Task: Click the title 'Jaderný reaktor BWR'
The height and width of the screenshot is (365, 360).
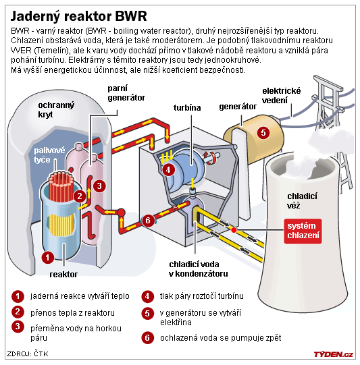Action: click(79, 16)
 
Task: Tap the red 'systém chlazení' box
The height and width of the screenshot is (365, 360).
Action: click(303, 231)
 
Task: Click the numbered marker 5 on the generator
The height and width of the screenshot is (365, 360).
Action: click(263, 133)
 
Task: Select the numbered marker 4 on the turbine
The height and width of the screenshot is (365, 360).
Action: click(168, 170)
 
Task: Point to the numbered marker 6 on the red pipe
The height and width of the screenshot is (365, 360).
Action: click(148, 220)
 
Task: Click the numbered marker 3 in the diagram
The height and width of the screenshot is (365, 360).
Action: click(99, 186)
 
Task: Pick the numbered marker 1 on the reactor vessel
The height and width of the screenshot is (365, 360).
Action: click(48, 258)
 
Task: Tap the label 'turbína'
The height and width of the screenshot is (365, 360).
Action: click(187, 108)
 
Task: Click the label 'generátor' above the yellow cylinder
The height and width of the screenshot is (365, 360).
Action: click(238, 107)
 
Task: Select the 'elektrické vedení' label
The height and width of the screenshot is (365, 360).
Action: click(282, 96)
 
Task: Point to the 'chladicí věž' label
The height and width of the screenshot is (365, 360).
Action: click(302, 201)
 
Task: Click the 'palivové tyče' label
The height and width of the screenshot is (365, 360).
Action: click(49, 155)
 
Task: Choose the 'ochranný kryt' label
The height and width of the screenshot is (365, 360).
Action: click(56, 110)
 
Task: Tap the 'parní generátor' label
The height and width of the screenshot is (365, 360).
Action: click(126, 93)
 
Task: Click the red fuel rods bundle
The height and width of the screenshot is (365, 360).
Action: click(61, 186)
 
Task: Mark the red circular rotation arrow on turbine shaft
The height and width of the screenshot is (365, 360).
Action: click(209, 159)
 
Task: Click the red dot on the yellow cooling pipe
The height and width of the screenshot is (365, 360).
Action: click(234, 230)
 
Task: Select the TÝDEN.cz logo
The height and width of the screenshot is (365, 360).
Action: click(333, 354)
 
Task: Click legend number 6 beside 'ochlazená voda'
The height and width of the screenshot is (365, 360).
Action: click(147, 338)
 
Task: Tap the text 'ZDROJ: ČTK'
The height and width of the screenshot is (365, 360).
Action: click(28, 354)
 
